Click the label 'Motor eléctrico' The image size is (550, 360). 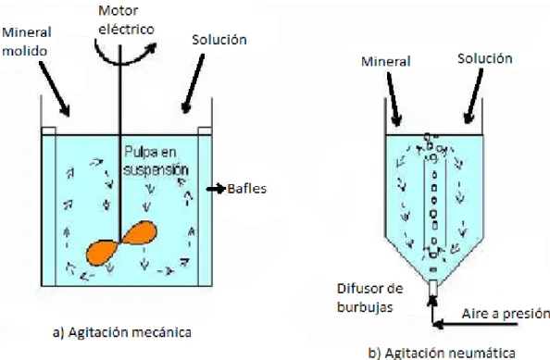tap(126, 20)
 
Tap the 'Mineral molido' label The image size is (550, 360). tap(27, 42)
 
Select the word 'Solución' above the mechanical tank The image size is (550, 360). tap(219, 40)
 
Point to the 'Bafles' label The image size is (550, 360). tap(247, 189)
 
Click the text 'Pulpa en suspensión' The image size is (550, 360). tap(156, 161)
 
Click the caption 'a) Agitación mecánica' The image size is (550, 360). tap(122, 332)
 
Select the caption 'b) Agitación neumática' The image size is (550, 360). tap(442, 353)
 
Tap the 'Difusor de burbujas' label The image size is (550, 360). tap(369, 298)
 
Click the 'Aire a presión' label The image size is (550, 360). tap(506, 314)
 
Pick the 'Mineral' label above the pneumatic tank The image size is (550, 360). tap(386, 61)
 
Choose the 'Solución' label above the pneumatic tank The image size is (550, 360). tap(485, 58)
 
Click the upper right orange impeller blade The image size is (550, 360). tap(139, 232)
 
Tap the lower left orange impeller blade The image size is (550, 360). tap(102, 253)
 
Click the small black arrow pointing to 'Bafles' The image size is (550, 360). tap(216, 189)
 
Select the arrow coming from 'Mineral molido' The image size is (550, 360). tap(54, 89)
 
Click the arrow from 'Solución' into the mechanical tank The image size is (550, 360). tap(194, 83)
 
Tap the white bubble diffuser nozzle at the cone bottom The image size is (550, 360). tap(433, 288)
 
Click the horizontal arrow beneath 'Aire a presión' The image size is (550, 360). tap(476, 324)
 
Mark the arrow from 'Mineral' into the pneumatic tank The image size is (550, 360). tap(394, 99)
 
